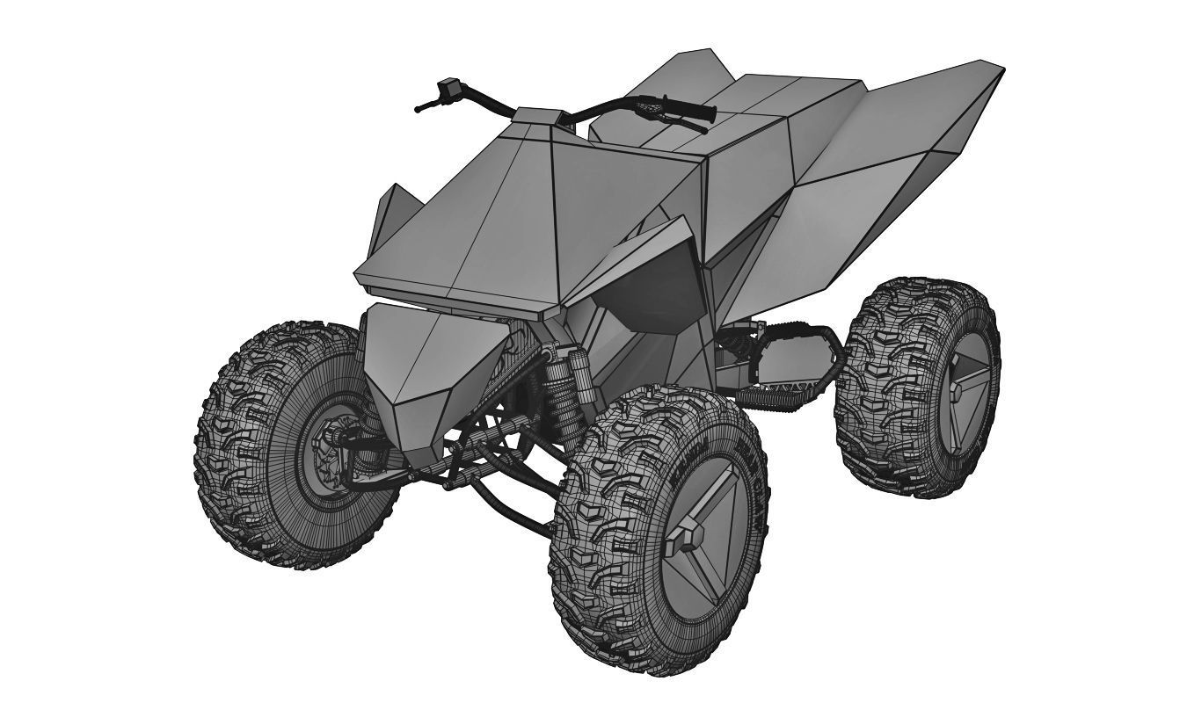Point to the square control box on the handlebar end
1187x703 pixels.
coord(452,87)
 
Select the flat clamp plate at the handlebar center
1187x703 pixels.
coord(537,115)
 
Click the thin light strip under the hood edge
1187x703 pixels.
coord(448,300)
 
